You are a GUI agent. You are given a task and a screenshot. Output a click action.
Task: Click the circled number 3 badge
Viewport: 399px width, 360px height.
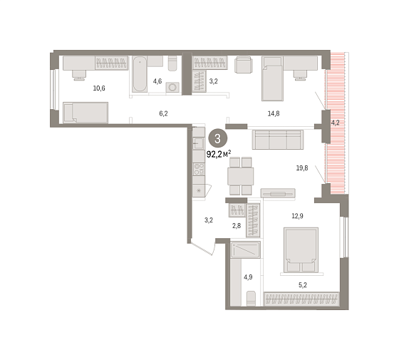click(x=218, y=139)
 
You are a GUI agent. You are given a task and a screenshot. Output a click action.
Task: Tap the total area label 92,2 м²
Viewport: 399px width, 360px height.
click(x=219, y=154)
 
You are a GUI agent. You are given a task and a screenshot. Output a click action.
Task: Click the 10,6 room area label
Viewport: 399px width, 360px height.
click(x=99, y=88)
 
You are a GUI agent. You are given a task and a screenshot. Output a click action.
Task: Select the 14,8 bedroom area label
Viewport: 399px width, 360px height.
click(x=274, y=113)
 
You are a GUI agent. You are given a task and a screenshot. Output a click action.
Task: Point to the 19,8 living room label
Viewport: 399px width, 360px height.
click(x=302, y=168)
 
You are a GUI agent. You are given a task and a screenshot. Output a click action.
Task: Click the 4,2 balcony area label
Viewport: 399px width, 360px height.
click(x=335, y=123)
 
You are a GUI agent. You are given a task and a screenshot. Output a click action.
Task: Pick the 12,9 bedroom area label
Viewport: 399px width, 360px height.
click(x=297, y=216)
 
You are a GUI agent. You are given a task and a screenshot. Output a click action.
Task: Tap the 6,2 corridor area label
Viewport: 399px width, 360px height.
click(x=163, y=113)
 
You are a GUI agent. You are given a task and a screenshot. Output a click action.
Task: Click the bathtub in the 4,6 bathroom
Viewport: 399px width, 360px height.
click(x=140, y=74)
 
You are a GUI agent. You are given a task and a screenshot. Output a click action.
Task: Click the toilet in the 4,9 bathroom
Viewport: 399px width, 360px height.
click(x=251, y=299)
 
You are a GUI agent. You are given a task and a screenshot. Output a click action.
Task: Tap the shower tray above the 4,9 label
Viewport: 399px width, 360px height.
click(x=245, y=250)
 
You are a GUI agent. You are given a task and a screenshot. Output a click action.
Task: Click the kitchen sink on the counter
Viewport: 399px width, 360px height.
click(x=198, y=143)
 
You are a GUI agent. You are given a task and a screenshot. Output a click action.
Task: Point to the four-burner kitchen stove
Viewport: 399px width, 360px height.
click(x=199, y=170)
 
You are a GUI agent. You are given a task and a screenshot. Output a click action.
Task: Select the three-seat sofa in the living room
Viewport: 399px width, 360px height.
click(x=278, y=140)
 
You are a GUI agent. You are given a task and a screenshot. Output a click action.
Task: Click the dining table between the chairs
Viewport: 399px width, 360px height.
click(x=241, y=176)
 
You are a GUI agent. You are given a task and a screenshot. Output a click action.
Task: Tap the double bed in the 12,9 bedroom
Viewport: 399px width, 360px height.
click(x=301, y=250)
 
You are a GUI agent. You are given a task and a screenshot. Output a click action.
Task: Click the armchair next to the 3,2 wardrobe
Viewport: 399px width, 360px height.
click(x=244, y=64)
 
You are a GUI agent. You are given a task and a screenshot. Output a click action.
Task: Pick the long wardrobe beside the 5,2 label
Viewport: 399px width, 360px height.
click(x=301, y=299)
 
